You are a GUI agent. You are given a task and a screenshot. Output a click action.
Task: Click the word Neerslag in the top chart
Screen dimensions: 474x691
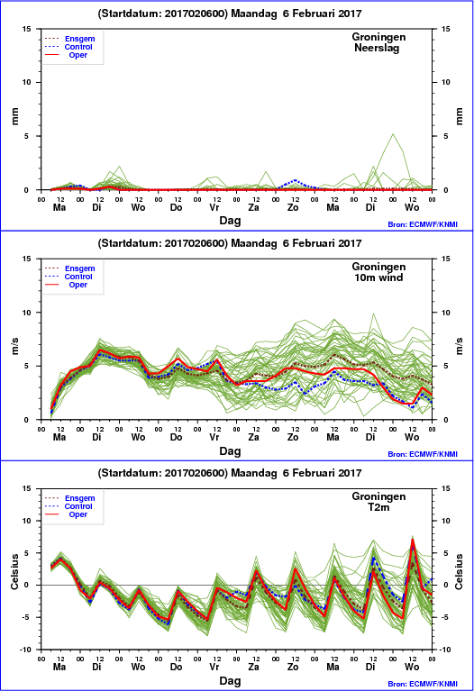point(377,48)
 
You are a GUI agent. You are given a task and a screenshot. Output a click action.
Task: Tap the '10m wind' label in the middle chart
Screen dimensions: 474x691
point(378,277)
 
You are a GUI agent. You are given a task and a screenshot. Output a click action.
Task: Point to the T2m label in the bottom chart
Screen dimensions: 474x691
point(378,507)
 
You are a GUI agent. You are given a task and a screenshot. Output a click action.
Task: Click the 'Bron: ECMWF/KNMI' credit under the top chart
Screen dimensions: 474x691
point(423,224)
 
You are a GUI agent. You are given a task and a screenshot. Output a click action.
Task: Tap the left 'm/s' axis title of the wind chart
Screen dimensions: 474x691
point(15,346)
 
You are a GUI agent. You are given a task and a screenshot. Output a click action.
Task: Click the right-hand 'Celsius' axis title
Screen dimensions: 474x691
point(459,571)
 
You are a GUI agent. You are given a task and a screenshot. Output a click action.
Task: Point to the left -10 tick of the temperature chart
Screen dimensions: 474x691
point(26,650)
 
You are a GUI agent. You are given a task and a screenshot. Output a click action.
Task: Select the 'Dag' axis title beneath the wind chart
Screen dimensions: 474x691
point(230,451)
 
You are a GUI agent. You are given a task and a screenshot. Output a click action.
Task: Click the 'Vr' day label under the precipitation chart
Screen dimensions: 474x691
point(214,207)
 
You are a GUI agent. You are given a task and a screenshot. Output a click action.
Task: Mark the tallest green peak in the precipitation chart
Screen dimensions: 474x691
point(393,134)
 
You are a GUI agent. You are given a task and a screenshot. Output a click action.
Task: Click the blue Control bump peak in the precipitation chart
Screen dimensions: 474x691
point(295,180)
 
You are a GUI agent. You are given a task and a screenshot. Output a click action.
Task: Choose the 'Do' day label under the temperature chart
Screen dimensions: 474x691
point(176,668)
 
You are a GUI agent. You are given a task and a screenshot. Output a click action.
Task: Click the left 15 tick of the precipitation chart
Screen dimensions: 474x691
point(27,29)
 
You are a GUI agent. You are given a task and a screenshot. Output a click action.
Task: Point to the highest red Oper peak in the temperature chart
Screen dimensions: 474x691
point(412,539)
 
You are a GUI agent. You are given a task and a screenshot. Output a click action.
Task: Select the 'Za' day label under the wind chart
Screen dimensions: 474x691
point(253,437)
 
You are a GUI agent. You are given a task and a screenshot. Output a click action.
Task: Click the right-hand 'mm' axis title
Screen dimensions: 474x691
point(459,116)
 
